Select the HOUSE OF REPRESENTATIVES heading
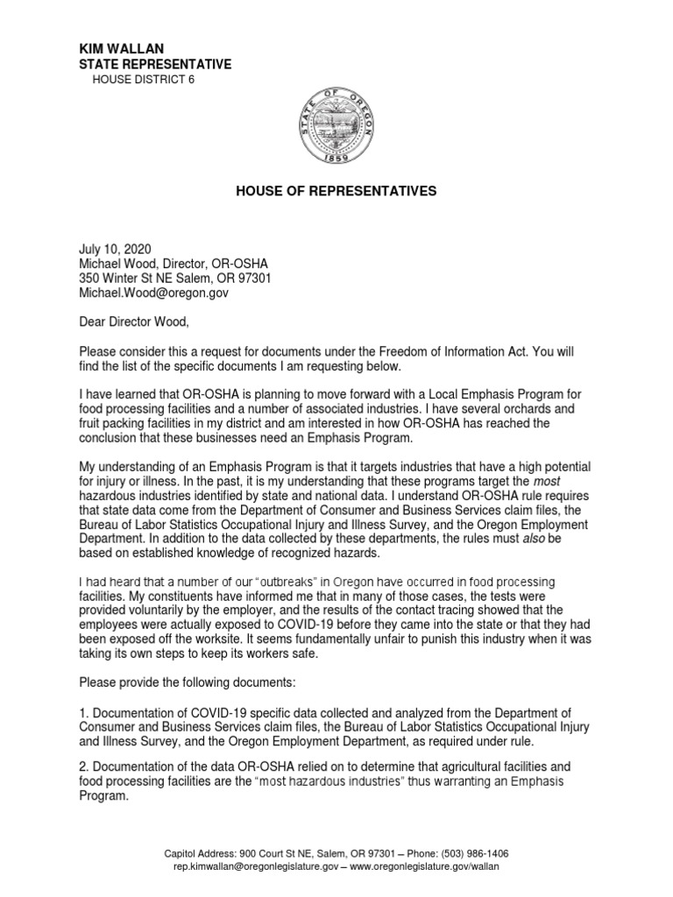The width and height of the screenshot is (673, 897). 336,191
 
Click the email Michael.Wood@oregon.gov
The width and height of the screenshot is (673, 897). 153,293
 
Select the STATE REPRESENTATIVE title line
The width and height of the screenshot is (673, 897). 155,64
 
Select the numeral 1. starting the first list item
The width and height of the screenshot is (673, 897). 84,712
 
